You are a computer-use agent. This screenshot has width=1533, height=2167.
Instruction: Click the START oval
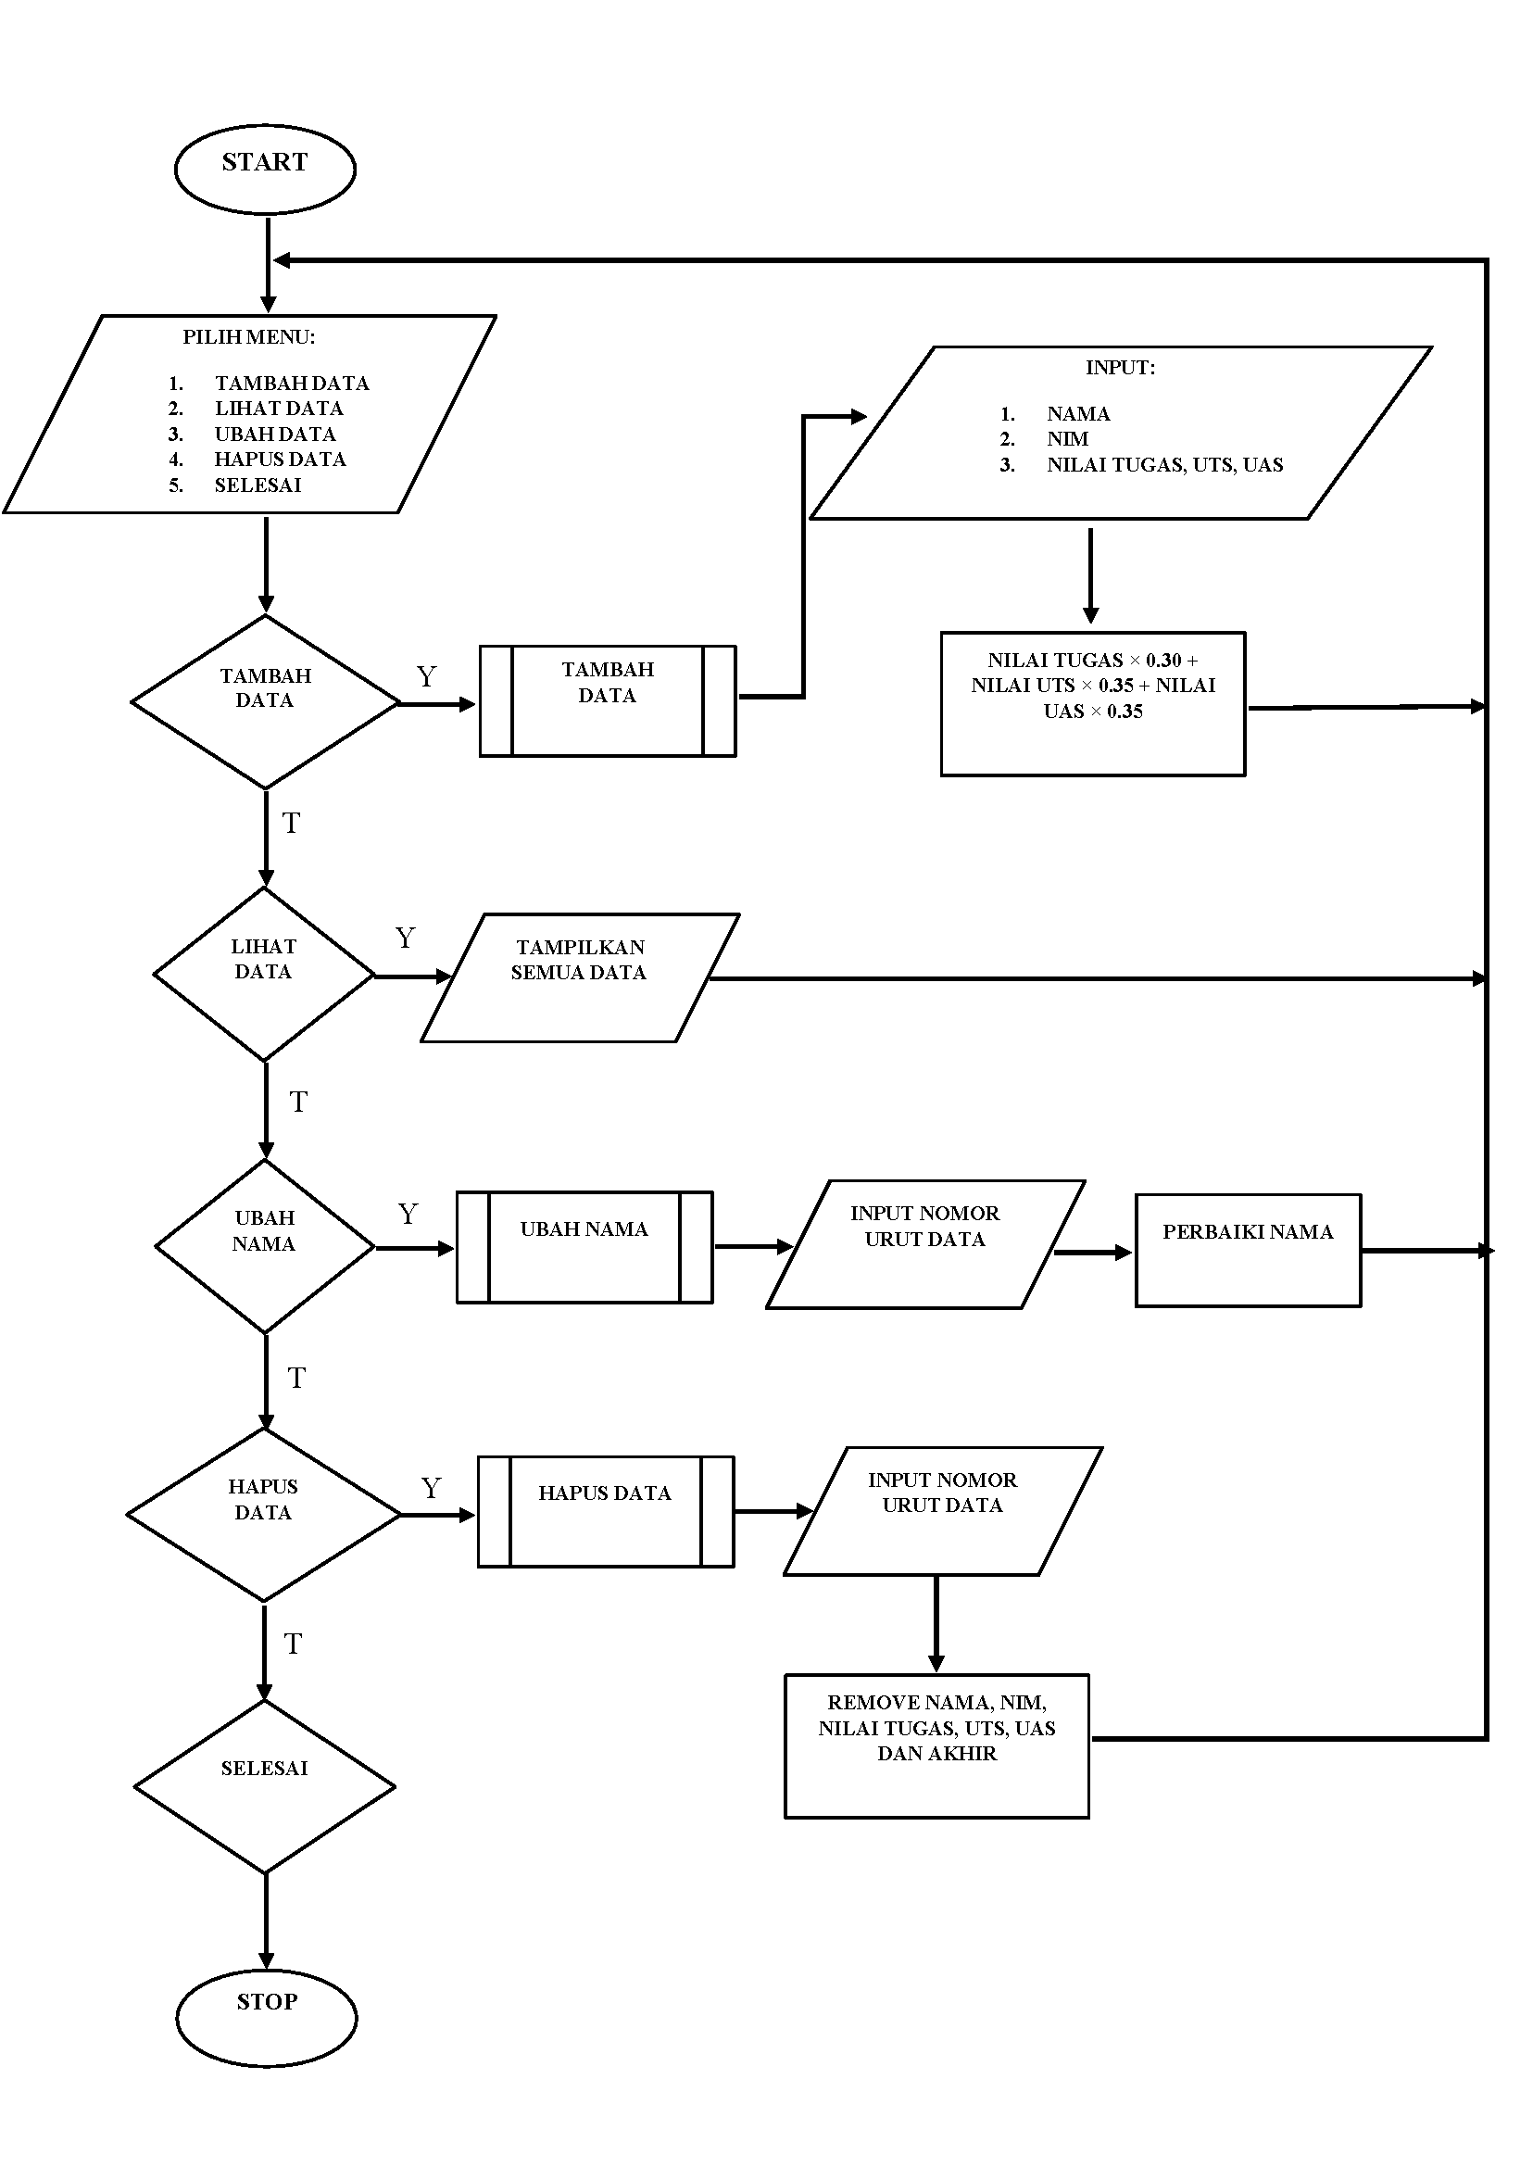point(265,169)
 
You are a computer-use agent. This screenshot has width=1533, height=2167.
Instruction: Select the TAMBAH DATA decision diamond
point(265,701)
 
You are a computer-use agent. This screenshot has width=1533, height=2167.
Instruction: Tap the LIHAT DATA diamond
point(264,974)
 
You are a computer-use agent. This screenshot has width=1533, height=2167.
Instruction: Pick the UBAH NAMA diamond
point(265,1245)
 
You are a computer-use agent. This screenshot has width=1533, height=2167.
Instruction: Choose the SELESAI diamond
point(264,1786)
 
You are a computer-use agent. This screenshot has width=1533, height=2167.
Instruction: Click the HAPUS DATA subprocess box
point(605,1512)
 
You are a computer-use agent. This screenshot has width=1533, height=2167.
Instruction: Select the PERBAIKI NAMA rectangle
point(1247,1250)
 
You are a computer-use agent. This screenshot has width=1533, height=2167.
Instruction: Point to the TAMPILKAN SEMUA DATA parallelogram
point(580,977)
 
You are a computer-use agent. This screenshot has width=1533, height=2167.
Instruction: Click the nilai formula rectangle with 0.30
point(1092,703)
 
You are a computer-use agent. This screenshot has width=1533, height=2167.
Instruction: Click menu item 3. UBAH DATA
point(275,435)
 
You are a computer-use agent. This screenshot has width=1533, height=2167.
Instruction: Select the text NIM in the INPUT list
point(1068,439)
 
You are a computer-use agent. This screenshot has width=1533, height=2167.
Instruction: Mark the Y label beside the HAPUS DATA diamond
point(432,1489)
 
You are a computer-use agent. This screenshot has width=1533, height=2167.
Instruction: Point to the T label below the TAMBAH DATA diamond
point(291,824)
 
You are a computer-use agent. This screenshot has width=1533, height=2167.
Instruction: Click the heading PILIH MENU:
point(248,337)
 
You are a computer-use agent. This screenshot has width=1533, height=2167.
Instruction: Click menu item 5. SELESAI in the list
point(257,485)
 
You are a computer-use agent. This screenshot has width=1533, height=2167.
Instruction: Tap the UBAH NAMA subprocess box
point(584,1247)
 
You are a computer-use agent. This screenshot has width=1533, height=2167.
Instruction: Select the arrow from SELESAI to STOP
point(266,1921)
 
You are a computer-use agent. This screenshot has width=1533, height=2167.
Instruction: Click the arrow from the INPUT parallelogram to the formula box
point(1090,574)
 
